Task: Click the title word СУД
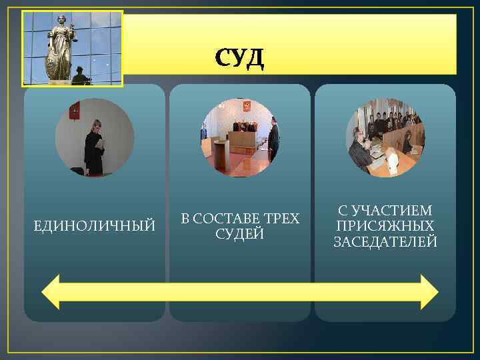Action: [x=239, y=59]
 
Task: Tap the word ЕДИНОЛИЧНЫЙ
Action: [x=95, y=227]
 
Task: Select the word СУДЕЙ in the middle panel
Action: [x=240, y=234]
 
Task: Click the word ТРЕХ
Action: [x=282, y=219]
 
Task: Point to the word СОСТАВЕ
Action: [x=227, y=219]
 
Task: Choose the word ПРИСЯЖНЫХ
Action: [x=385, y=226]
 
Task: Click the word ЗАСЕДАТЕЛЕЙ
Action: [x=385, y=241]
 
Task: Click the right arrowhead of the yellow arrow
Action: [x=428, y=291]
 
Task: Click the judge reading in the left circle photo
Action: [x=94, y=147]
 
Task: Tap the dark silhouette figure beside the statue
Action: [x=81, y=76]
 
